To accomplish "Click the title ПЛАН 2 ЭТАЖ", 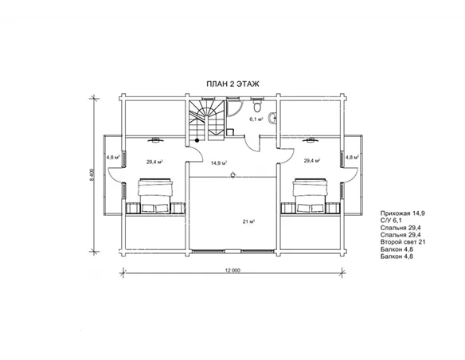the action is [232, 84].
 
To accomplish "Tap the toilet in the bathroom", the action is [257, 104].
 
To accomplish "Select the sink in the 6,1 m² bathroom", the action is [272, 118].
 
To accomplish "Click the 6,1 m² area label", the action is [256, 119].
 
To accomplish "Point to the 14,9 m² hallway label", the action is [219, 162].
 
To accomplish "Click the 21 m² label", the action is [249, 221].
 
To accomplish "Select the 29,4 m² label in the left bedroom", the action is [154, 162].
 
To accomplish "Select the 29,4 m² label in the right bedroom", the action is [312, 161].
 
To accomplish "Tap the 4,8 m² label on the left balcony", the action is [113, 157].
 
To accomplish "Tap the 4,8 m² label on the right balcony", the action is [352, 157].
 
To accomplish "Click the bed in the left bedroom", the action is [154, 196].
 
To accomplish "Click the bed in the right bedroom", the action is [309, 196].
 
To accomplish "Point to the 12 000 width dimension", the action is [232, 270].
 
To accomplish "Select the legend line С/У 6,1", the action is [391, 221].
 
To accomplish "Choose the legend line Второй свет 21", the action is [403, 242].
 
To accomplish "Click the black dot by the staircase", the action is [197, 140].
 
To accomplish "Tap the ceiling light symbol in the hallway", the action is [233, 175].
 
